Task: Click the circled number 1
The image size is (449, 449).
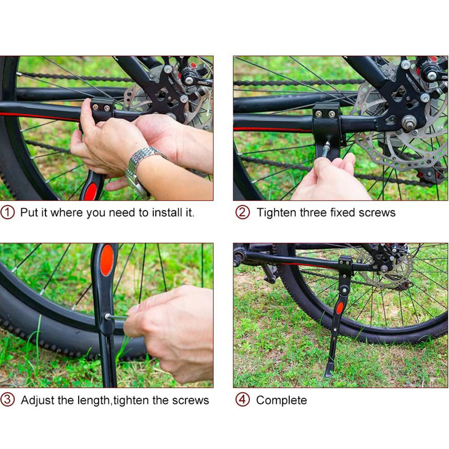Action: [x=8, y=212]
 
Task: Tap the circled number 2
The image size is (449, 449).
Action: [x=242, y=212]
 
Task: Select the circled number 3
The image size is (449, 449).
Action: [x=8, y=400]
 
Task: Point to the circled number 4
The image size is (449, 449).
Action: [x=242, y=400]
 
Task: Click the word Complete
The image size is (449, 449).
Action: [x=282, y=400]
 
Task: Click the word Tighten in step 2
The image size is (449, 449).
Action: [x=276, y=212]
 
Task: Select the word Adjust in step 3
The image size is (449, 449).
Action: [x=38, y=400]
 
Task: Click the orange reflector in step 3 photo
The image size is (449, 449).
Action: [x=107, y=260]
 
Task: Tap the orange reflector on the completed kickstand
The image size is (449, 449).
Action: [x=340, y=308]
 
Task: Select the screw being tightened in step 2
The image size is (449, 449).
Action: [x=325, y=147]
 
